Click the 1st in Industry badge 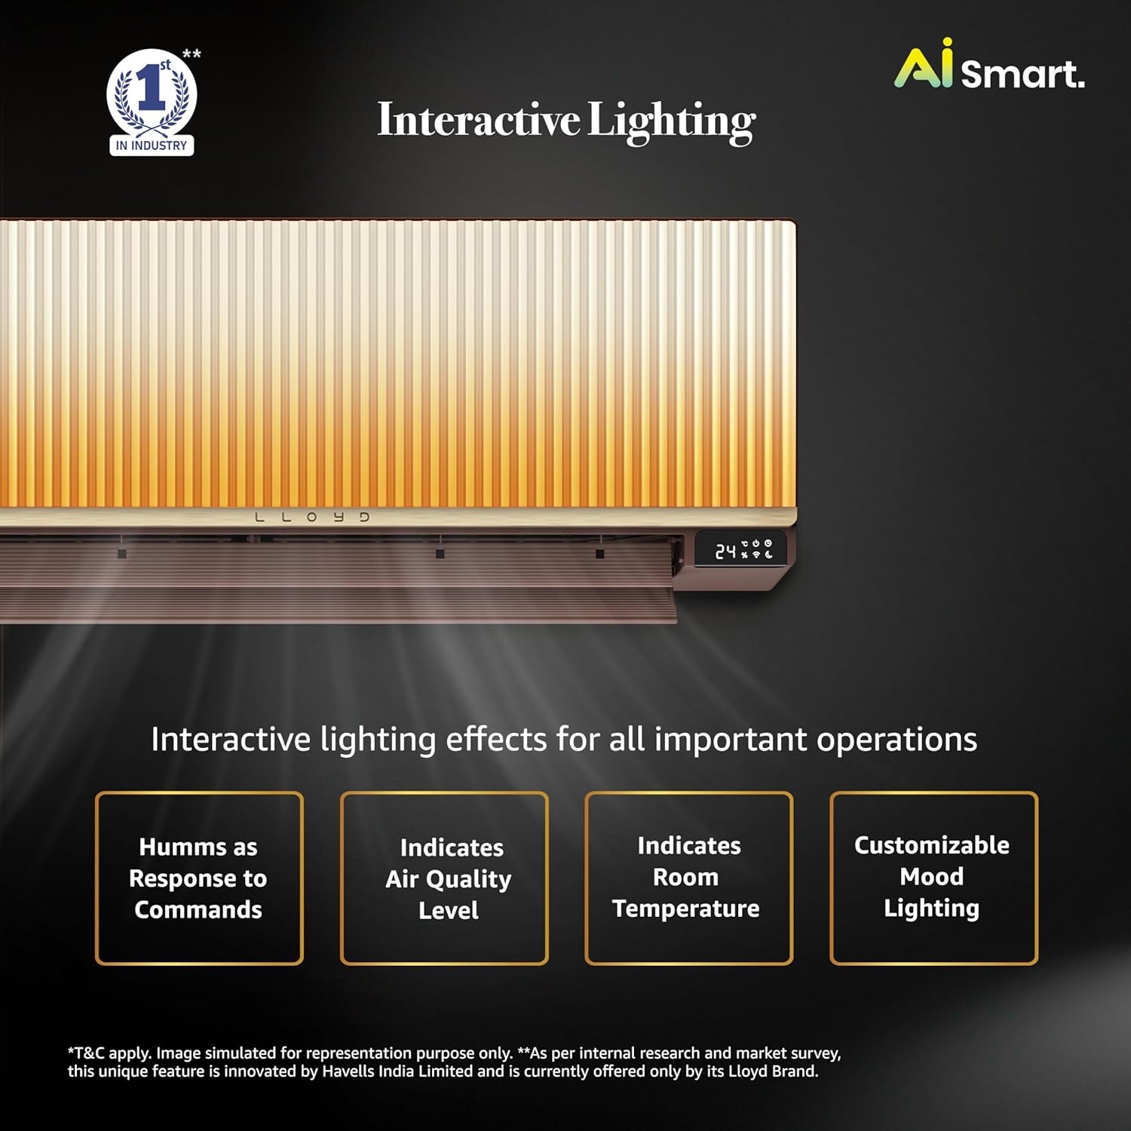(x=152, y=102)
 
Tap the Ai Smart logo (x=989, y=66)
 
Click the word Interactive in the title (x=479, y=120)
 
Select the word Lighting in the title (x=671, y=121)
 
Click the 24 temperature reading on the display (x=725, y=552)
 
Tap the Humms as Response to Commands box (x=199, y=878)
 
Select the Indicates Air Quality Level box (x=444, y=878)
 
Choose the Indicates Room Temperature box (x=688, y=878)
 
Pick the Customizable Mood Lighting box (x=933, y=878)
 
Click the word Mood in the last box (x=932, y=877)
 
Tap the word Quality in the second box (x=468, y=880)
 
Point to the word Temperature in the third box (x=686, y=909)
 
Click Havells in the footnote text (x=348, y=1071)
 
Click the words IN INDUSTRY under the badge (x=152, y=146)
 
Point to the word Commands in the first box (x=198, y=910)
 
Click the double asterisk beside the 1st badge (x=192, y=54)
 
